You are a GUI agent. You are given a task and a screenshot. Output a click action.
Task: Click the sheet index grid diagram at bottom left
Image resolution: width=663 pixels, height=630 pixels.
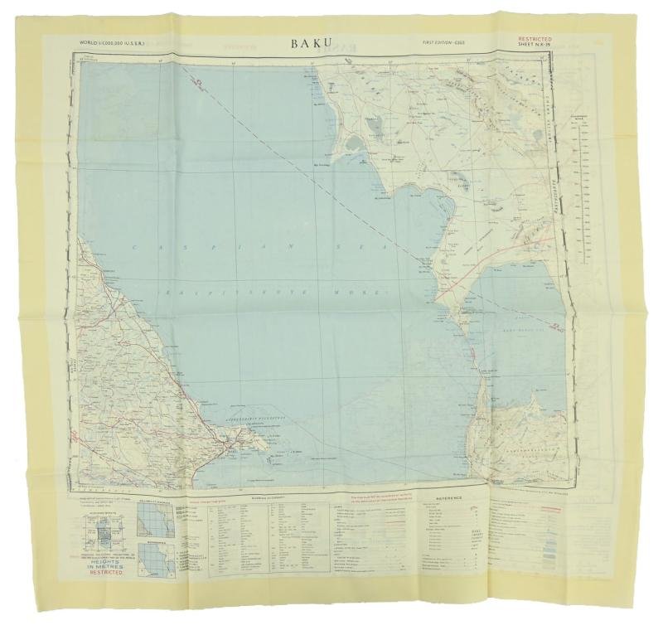(x=103, y=525)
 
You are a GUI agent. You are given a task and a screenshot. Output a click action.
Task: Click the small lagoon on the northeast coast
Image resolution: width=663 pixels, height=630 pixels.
(x=353, y=142)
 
